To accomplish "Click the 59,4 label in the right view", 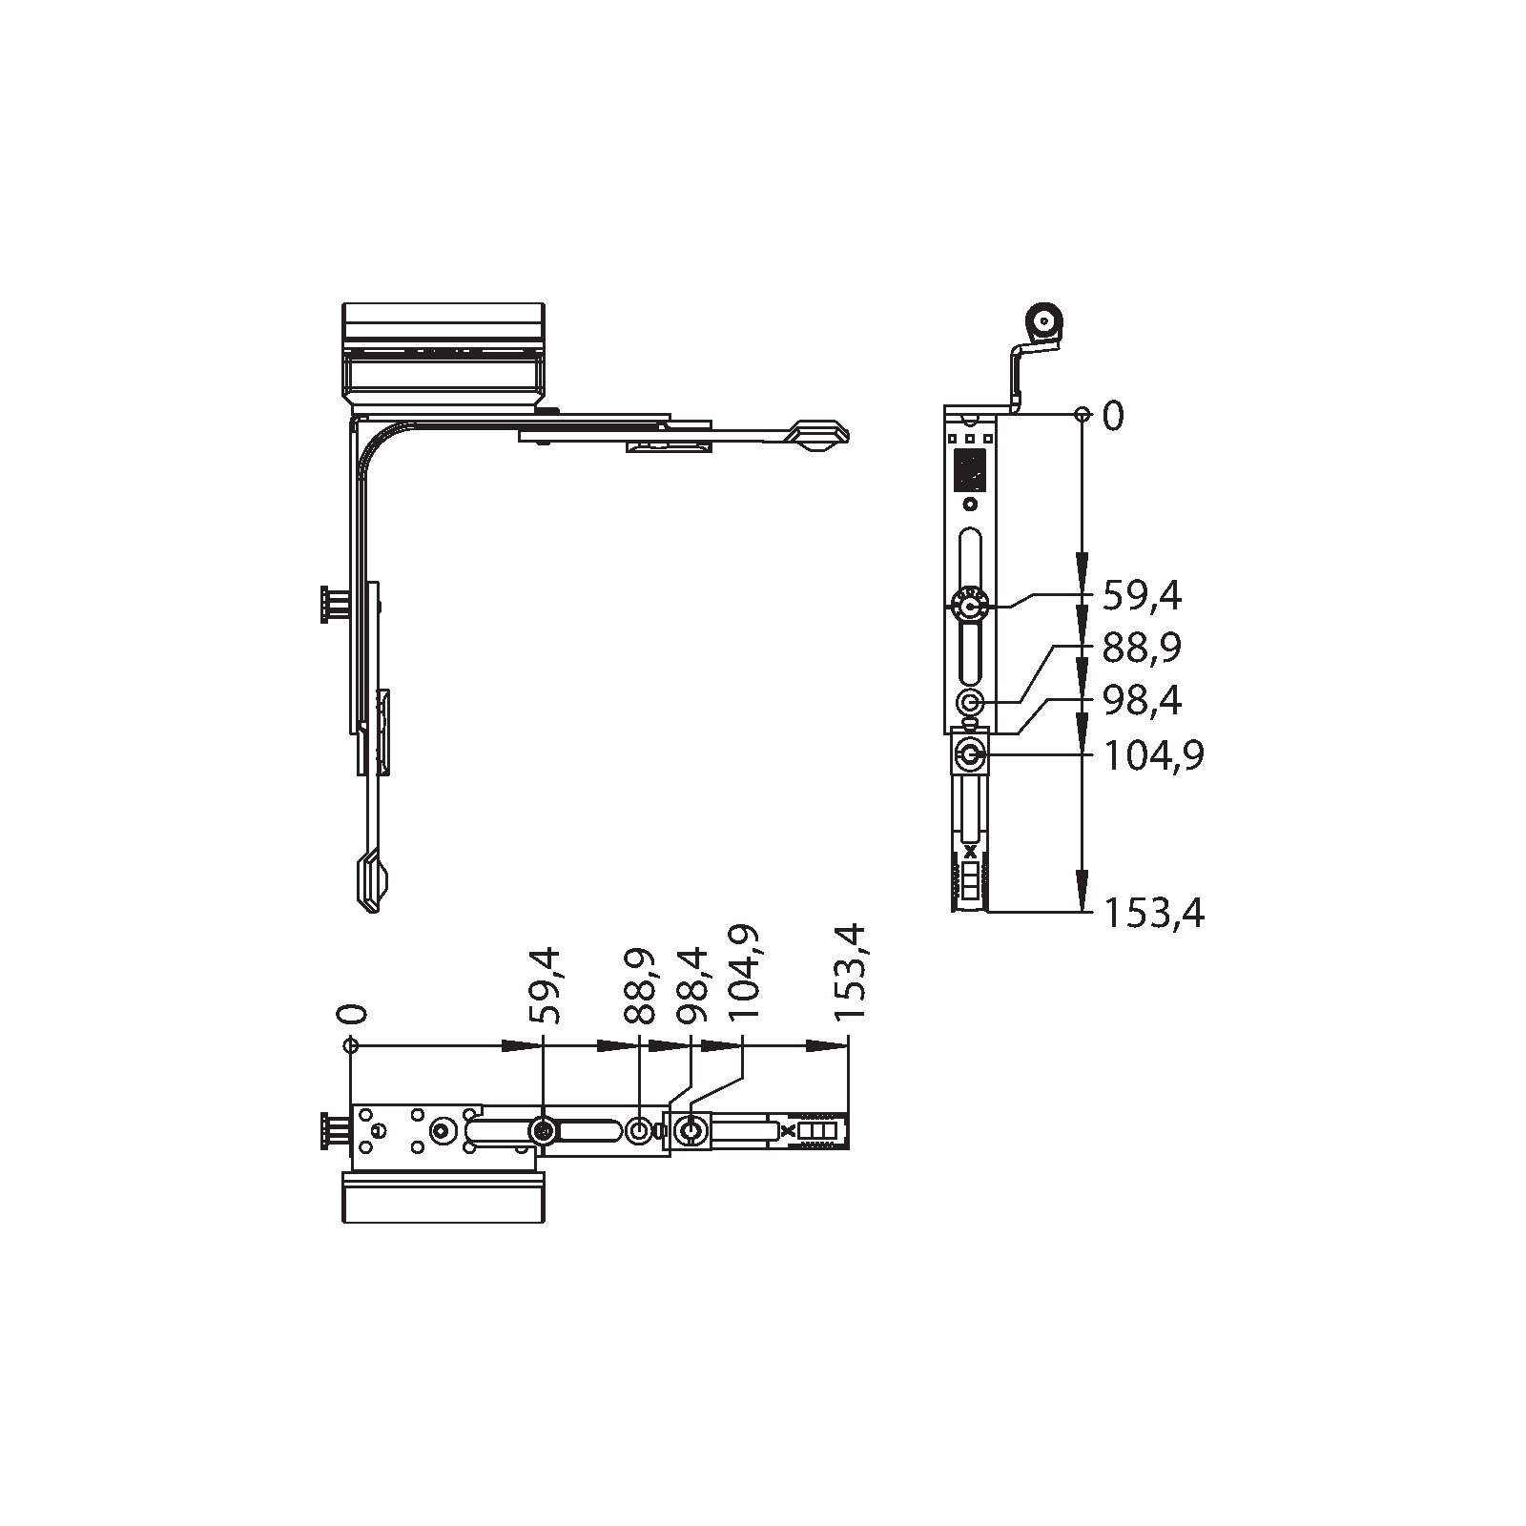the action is [1142, 597].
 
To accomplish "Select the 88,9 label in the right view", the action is [1142, 649].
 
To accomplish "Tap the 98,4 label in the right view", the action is [1142, 701].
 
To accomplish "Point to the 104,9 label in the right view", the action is [1154, 756].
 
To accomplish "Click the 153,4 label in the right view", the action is [1154, 914].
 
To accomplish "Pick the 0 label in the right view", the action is [1113, 416].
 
